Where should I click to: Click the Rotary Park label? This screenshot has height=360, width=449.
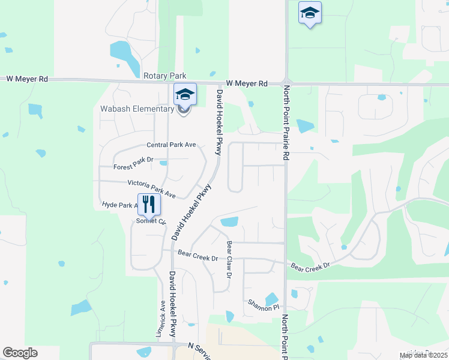tap(165, 76)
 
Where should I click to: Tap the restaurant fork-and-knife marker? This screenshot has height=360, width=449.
tap(149, 205)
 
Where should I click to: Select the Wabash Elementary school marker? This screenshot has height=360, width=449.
tap(185, 95)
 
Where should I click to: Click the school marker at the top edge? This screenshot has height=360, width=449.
tap(310, 13)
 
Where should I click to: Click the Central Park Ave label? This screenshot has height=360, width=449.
tap(172, 145)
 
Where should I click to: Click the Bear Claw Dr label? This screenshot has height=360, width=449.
tap(229, 259)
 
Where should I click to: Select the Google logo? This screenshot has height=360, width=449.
tap(20, 353)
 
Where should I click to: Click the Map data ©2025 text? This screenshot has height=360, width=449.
tap(423, 355)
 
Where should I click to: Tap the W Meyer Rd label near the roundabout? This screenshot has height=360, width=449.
tap(247, 84)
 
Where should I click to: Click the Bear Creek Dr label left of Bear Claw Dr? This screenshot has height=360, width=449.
tap(197, 258)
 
